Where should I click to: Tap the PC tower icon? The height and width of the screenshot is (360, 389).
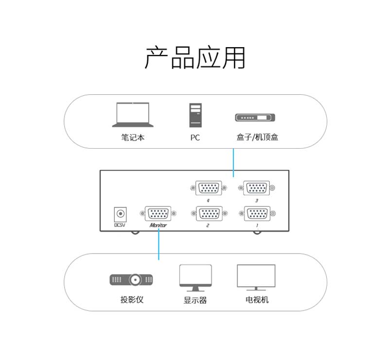click(195, 115)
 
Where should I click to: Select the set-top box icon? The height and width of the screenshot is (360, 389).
click(255, 118)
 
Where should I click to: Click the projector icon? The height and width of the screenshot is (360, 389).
click(131, 279)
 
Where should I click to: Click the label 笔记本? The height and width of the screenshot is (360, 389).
click(133, 137)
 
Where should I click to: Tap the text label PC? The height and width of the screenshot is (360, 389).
click(195, 138)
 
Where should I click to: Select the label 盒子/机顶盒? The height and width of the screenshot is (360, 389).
click(257, 137)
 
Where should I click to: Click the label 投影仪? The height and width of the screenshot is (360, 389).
click(132, 300)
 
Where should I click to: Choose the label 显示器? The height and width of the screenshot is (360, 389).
click(195, 300)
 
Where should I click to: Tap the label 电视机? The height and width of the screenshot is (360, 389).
click(257, 300)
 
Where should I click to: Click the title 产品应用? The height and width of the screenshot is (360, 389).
click(195, 58)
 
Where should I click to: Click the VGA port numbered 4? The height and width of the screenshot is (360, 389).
click(209, 188)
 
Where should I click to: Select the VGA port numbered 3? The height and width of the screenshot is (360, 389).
click(256, 188)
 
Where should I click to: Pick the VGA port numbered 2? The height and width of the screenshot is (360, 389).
click(209, 213)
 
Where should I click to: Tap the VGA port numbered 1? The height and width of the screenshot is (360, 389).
click(257, 213)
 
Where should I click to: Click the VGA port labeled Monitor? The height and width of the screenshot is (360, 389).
click(158, 213)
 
